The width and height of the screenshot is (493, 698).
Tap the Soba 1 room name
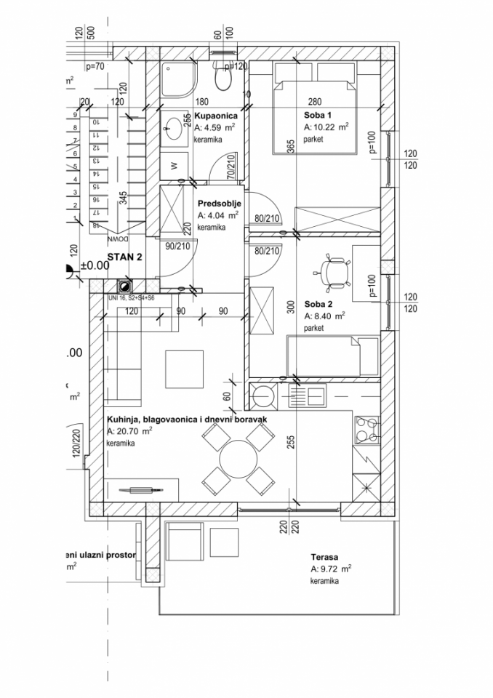(317, 115)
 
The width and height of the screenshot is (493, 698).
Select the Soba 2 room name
(318, 304)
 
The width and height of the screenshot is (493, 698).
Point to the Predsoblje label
(219, 204)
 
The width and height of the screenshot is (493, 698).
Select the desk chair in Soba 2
(335, 271)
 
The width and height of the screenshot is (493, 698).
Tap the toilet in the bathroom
(219, 76)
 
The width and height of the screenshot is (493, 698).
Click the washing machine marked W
(174, 165)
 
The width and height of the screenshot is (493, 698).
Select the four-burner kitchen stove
(366, 429)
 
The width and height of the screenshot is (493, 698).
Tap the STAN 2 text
(124, 257)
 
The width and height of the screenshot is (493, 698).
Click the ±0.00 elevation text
(94, 266)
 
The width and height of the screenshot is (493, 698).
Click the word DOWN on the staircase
(117, 238)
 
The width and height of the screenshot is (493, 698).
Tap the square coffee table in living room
(184, 369)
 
